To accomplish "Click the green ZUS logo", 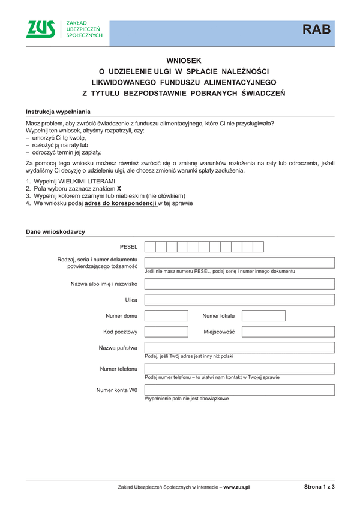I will tap(41, 29).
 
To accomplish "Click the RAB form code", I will tap(316, 29).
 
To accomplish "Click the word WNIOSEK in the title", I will tap(184, 61).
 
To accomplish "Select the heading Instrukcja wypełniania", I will tap(58, 112).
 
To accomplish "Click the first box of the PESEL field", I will tap(151, 246).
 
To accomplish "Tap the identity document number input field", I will tap(239, 262).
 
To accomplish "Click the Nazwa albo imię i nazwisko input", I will tap(239, 284).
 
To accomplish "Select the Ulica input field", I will tap(239, 299).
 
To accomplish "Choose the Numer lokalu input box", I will tap(263, 315).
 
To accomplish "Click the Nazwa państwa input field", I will tap(239, 347).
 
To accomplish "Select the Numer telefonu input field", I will tap(239, 368).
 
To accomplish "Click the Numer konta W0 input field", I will tap(239, 390).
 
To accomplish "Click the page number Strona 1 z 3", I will tap(319, 487).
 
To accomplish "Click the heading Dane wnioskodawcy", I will tap(55, 231).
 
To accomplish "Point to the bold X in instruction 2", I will tap(119, 188).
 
